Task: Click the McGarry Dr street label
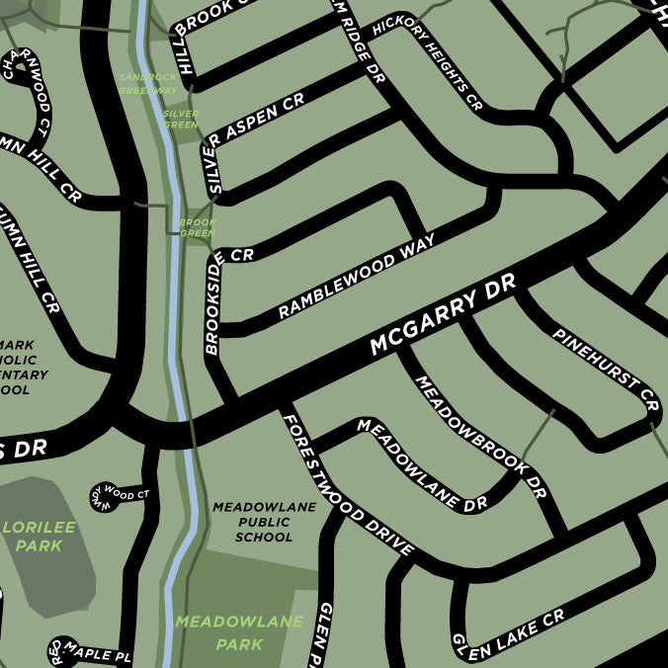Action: (443, 317)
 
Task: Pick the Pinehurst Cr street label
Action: (605, 370)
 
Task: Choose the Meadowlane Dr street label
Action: (422, 464)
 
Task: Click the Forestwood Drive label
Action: (347, 485)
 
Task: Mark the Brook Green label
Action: (197, 228)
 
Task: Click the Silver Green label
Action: (180, 120)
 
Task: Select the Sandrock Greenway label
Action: (147, 83)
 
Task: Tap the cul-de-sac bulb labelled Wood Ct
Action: (105, 493)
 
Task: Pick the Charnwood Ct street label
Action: (27, 94)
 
